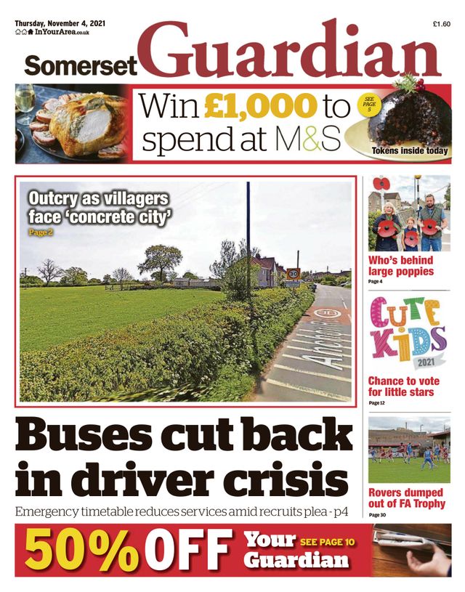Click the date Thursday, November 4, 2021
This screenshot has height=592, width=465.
click(60, 23)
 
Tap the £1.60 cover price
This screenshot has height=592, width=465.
click(441, 24)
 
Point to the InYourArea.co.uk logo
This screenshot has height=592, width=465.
click(53, 33)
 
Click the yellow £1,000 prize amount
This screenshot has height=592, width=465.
click(260, 108)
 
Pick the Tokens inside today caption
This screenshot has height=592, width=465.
click(410, 151)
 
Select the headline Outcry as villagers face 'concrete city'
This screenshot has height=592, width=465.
click(98, 207)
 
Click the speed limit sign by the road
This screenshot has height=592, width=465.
click(294, 275)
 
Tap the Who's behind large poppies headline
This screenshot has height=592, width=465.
click(400, 266)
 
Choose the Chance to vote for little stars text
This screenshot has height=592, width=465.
click(401, 386)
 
